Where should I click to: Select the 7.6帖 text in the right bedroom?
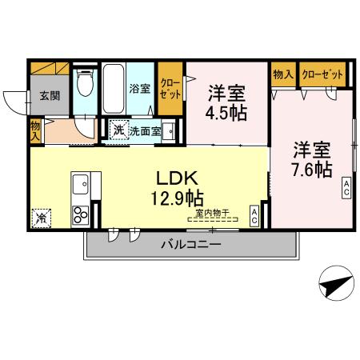pyautogui.click(x=310, y=169)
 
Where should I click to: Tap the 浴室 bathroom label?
pyautogui.click(x=140, y=88)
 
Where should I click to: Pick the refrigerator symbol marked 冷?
pyautogui.click(x=40, y=215)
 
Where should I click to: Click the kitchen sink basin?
pyautogui.click(x=82, y=186)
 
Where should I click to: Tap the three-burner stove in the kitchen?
pyautogui.click(x=82, y=214)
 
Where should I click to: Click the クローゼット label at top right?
pyautogui.click(x=325, y=74)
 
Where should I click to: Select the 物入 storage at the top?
pyautogui.click(x=282, y=74)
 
